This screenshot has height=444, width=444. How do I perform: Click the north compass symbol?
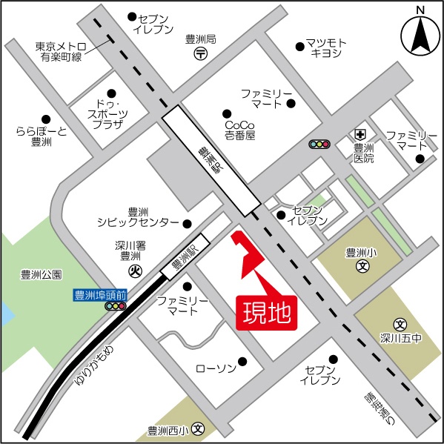(x=420, y=34)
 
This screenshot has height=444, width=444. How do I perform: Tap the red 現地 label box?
(x=266, y=312)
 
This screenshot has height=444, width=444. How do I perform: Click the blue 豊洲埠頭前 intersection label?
(x=102, y=294)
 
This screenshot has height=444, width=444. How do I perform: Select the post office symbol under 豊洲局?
(x=201, y=53)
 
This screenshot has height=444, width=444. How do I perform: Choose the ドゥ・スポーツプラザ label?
(x=107, y=114)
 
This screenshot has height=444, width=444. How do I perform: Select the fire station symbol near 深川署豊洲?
(x=135, y=271)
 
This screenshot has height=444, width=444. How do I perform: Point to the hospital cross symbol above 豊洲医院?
(x=359, y=134)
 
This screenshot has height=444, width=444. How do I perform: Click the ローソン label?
(x=215, y=368)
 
